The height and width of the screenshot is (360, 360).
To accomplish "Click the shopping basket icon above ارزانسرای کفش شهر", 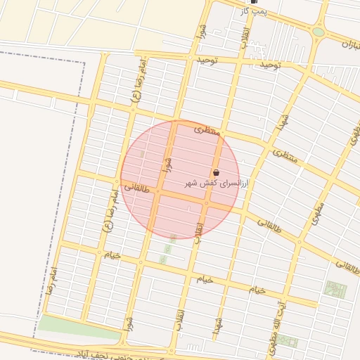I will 216,172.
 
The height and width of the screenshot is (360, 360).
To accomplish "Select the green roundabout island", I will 319,32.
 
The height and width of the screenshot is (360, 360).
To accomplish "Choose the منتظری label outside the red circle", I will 285,156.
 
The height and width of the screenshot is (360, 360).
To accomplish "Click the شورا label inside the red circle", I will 167,165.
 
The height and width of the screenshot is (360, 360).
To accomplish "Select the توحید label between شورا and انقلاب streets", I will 208,60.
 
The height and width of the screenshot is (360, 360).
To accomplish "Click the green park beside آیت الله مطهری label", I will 335,289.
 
